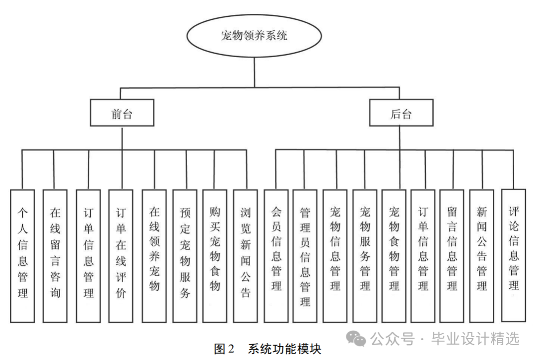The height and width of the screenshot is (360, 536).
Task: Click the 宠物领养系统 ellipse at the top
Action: (x=254, y=36)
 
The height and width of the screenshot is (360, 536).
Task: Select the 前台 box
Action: (x=122, y=114)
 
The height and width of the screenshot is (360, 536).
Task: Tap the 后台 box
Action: (x=401, y=114)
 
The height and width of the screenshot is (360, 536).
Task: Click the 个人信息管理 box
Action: (x=23, y=255)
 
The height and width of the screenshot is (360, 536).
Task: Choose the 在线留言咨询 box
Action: (x=55, y=255)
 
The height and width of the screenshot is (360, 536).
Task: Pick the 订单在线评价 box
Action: (x=121, y=255)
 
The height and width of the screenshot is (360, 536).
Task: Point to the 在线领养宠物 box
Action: (x=154, y=255)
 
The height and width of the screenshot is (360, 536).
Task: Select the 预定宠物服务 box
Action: (x=186, y=255)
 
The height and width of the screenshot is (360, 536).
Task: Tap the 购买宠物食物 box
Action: (x=215, y=255)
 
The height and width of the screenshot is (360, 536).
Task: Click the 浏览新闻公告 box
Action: (x=246, y=255)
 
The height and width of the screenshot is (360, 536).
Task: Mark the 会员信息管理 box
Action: (x=276, y=255)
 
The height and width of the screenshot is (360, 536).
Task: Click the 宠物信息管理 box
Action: (x=335, y=255)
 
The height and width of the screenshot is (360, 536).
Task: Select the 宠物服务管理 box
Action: (x=365, y=255)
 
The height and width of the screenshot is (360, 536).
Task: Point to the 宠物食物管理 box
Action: (x=395, y=255)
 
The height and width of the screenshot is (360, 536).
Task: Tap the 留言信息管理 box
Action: (x=452, y=255)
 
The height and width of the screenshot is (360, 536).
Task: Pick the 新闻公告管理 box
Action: (x=481, y=255)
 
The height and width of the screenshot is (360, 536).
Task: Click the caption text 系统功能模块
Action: (x=285, y=349)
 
